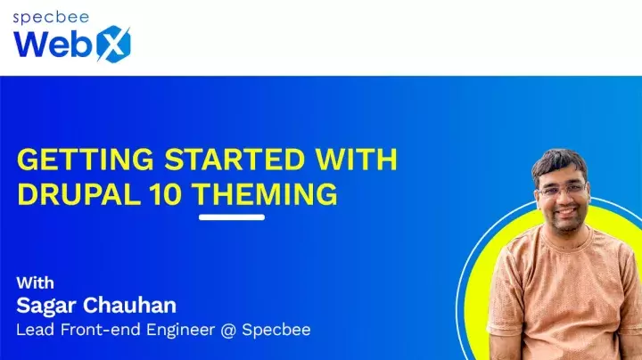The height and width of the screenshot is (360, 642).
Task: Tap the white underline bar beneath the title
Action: (x=231, y=217)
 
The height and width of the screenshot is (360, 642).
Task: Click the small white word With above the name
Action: (x=36, y=283)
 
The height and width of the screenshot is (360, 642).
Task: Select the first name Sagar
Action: (x=48, y=306)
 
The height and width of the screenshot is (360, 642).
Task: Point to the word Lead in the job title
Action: (x=36, y=330)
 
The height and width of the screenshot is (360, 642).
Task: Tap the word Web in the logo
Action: (x=50, y=43)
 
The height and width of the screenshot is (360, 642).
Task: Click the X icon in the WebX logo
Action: (x=112, y=43)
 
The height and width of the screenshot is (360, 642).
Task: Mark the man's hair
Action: (x=558, y=161)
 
